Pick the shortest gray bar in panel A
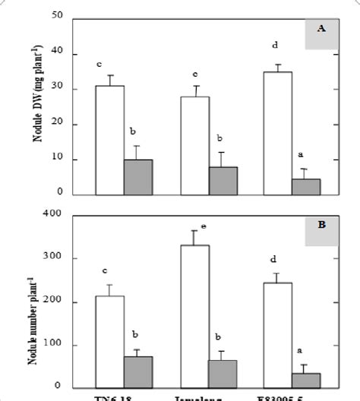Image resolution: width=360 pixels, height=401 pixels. (306, 187)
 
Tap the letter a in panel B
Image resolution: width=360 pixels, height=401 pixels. (299, 351)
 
